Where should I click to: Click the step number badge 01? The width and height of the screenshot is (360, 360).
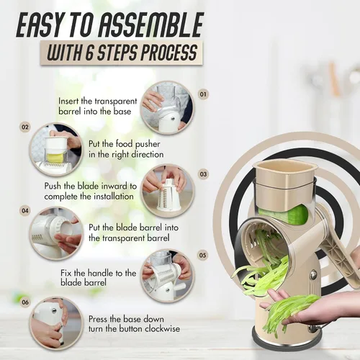[203, 94]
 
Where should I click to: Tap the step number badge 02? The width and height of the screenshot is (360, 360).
[25, 127]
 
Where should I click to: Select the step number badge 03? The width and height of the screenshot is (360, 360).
[203, 174]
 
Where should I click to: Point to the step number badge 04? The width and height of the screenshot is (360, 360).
[25, 211]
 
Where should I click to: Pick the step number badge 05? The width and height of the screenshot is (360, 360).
[202, 255]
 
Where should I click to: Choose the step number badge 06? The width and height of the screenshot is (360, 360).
[25, 302]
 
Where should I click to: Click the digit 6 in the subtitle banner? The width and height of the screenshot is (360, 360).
[89, 53]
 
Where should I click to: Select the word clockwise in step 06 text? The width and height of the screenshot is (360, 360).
[163, 328]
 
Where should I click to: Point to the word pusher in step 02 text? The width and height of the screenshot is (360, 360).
[148, 144]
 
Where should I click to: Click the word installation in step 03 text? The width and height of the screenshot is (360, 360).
[114, 197]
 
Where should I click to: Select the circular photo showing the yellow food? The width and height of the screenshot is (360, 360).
[56, 149]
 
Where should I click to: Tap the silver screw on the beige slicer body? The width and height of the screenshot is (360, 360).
[312, 274]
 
